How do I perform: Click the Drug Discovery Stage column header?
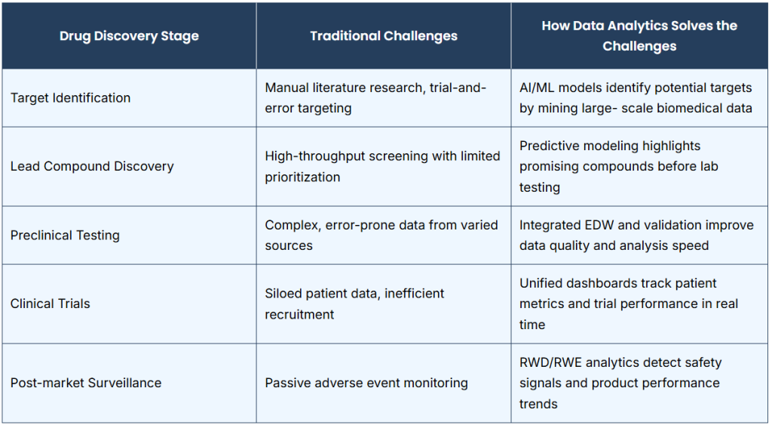pos(129,36)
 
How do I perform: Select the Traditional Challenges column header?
pos(384,36)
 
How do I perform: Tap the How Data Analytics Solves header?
pos(639,36)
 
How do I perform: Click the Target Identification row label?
pos(70,97)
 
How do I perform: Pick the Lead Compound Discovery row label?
pos(92,166)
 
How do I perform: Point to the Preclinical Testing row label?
pos(65,236)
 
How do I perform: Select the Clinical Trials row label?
pos(51,303)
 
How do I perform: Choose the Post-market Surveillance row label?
pos(86,383)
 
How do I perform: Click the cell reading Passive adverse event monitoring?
pos(366,383)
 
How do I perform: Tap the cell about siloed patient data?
pos(354,303)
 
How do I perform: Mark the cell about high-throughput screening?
pos(382,166)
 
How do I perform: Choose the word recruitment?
pos(299,314)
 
